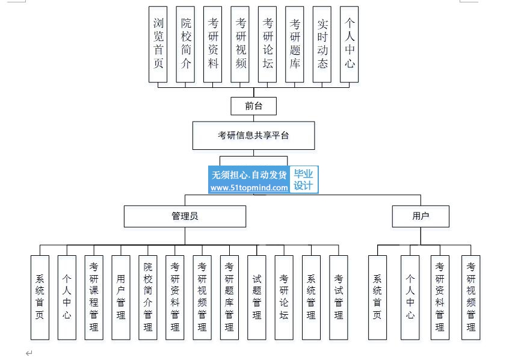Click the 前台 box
pos(253,106)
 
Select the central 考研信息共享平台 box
pos(253,135)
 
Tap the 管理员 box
pos(185,216)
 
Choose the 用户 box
pos(421,216)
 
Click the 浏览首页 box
pos(158,44)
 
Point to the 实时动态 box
pos(322,44)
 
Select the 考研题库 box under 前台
pos(294,44)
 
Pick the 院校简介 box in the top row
pos(185,44)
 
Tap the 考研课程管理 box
pos(94,297)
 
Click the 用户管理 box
pos(121,297)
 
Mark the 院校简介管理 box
pos(148,297)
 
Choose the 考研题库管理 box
pos(229,297)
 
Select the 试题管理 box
pos(256,297)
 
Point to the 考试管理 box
pos(339,297)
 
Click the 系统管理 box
pos(311,297)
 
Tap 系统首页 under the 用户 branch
pos(377,297)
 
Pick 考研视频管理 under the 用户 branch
pos(470,297)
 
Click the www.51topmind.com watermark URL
pos(249,188)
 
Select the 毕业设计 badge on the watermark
pos(303,179)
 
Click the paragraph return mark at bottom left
pos(29,353)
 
